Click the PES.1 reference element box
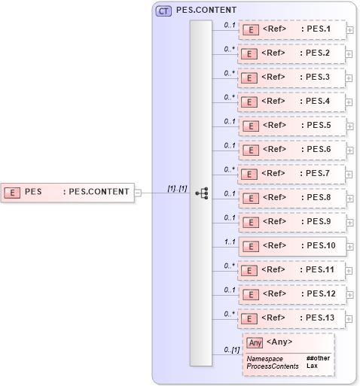click(291, 30)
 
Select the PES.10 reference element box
click(291, 245)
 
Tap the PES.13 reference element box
click(291, 318)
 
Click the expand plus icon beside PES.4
click(349, 102)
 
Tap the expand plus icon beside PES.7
click(349, 174)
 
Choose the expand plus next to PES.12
click(349, 294)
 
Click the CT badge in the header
click(163, 11)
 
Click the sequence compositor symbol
click(202, 193)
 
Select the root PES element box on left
click(68, 192)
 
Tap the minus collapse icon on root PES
click(138, 192)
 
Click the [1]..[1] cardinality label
click(177, 188)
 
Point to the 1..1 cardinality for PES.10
click(230, 241)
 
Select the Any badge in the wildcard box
click(255, 342)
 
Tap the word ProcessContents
click(272, 366)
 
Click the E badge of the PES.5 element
click(251, 126)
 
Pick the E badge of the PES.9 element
click(251, 222)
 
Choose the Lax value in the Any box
click(311, 366)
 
